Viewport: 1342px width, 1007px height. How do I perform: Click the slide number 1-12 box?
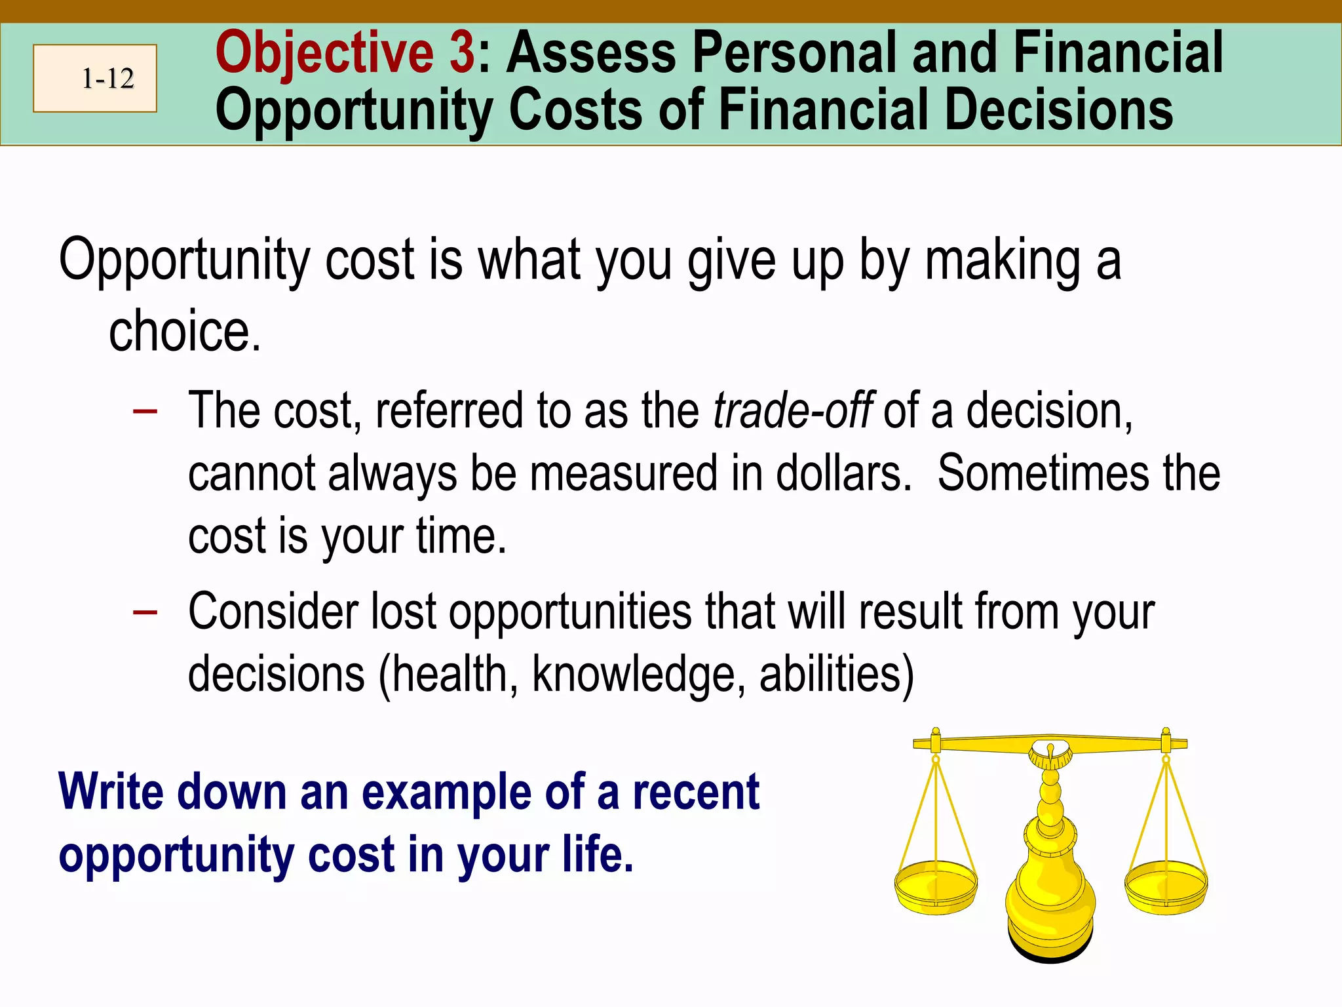tap(95, 78)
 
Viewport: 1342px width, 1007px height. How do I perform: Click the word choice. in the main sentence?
tap(185, 332)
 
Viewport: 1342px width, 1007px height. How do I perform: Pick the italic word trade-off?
tap(793, 411)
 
